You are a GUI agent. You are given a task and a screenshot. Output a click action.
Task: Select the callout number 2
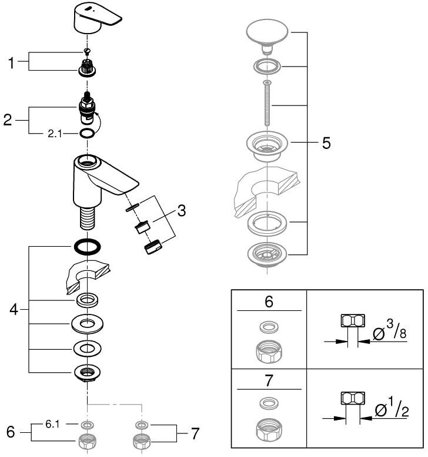8,120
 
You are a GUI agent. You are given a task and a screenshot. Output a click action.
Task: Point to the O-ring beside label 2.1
86,134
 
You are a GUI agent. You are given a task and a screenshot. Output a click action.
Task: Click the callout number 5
326,143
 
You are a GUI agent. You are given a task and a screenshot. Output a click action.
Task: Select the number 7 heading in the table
269,379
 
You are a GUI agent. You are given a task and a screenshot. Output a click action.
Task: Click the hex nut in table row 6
269,352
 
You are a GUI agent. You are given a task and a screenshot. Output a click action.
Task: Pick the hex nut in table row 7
269,429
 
